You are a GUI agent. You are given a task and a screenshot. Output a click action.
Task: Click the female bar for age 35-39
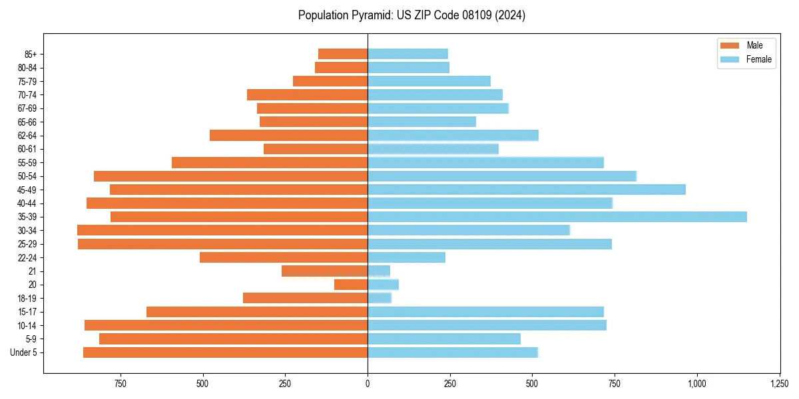(x=557, y=217)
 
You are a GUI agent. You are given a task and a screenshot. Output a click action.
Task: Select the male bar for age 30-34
(x=222, y=230)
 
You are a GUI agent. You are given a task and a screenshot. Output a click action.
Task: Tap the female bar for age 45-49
(x=526, y=190)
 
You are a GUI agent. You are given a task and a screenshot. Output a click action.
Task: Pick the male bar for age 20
(x=351, y=285)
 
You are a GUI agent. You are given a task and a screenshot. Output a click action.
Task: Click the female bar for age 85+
(x=407, y=54)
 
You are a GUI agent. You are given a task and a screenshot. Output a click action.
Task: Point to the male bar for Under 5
(x=225, y=352)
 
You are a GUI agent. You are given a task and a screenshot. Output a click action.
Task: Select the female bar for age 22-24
(x=406, y=257)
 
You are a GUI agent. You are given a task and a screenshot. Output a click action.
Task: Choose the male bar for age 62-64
(x=288, y=135)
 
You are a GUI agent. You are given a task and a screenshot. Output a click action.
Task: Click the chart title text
(x=411, y=15)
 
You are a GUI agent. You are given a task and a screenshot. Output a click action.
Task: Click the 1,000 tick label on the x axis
(x=697, y=384)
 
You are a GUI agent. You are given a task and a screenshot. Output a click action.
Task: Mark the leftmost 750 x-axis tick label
(x=120, y=384)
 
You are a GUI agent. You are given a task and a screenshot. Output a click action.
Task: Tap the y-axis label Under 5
(x=23, y=352)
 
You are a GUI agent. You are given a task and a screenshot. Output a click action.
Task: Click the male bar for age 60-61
(x=316, y=149)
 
